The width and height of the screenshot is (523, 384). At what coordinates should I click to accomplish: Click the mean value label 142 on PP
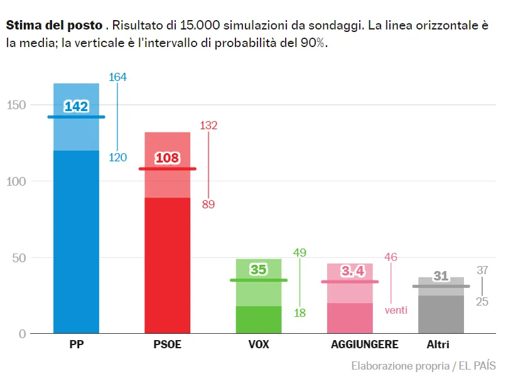click(x=76, y=107)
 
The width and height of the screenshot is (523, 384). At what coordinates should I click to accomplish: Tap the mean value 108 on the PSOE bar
click(x=167, y=158)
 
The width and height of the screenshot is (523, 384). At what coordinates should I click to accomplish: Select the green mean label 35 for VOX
click(x=259, y=270)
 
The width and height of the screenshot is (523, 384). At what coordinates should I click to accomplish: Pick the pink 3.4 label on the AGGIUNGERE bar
click(x=353, y=271)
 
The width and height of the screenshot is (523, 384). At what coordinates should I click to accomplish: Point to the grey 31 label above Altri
click(x=441, y=276)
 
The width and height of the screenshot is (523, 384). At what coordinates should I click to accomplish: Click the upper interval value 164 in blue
click(x=117, y=77)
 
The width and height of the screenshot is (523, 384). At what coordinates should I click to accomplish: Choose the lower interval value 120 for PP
click(x=117, y=157)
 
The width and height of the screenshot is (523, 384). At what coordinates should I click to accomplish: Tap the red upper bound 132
click(x=208, y=125)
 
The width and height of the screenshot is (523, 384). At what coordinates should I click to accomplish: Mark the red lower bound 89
click(x=208, y=204)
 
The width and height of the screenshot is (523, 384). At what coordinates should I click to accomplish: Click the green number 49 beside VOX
click(x=299, y=253)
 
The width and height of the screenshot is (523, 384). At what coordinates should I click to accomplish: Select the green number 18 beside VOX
click(x=299, y=313)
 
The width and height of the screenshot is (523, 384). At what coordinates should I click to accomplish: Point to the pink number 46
click(x=391, y=257)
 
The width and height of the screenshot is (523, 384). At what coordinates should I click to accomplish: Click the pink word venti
click(x=396, y=309)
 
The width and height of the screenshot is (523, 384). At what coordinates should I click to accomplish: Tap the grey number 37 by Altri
click(x=482, y=270)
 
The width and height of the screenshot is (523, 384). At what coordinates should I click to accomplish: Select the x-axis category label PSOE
click(x=167, y=344)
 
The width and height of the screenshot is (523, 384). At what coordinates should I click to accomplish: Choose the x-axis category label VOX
click(x=259, y=344)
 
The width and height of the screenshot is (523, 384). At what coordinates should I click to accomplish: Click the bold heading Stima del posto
click(x=54, y=26)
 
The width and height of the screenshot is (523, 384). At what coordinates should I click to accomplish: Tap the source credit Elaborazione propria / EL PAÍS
click(x=423, y=366)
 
